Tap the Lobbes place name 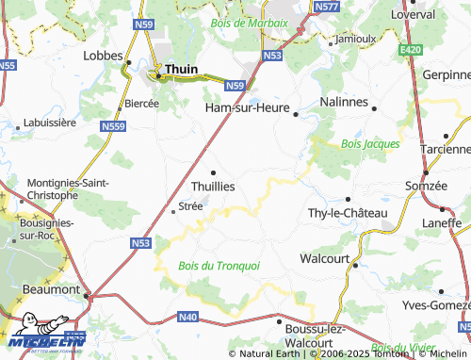tap(103, 56)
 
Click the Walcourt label tap(324, 257)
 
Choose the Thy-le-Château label tap(348, 213)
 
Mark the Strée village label tap(189, 205)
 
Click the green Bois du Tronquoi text tap(219, 266)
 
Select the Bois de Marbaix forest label tap(250, 21)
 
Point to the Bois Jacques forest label tap(370, 143)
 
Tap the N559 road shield tap(112, 125)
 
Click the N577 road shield tap(327, 7)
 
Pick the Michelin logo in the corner tap(43, 341)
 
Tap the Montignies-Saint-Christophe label tap(54, 188)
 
